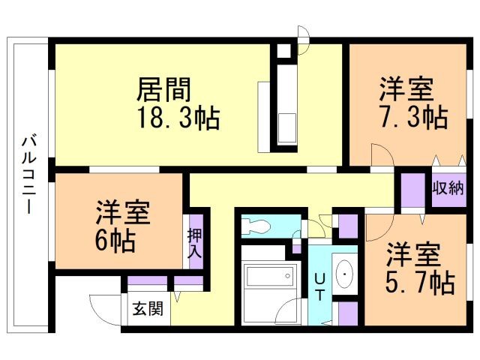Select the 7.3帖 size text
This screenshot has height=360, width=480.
(x=412, y=118)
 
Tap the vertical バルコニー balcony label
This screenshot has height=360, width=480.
(x=28, y=174)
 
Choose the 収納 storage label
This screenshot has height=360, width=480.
(x=447, y=187)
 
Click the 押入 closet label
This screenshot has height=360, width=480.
(x=194, y=244)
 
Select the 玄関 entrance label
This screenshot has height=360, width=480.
(x=148, y=309)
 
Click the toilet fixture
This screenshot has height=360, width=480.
(x=259, y=226)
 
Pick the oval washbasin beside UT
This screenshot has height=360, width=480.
(x=345, y=276)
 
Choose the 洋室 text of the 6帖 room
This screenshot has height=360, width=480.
(x=122, y=212)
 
